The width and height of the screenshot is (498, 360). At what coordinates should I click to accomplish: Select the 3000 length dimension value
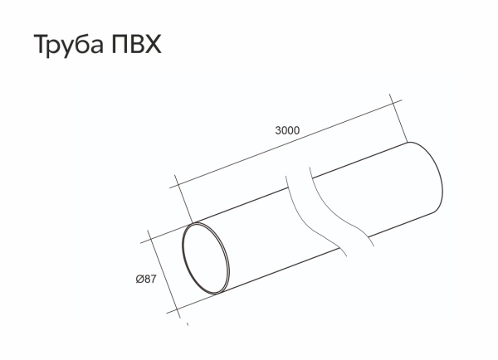click(x=286, y=130)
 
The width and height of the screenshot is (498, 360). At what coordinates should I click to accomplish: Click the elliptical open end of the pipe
click(x=207, y=258)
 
